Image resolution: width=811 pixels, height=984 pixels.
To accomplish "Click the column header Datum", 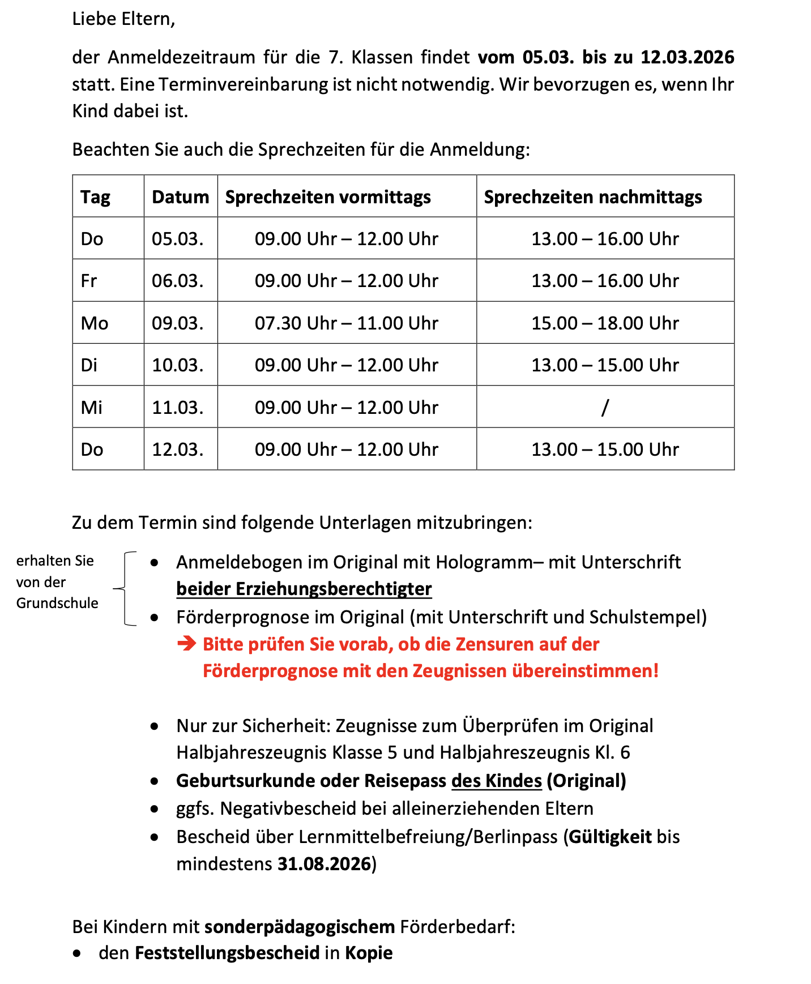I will point(180,197).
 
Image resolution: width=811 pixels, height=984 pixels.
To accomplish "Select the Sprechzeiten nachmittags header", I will point(592,197).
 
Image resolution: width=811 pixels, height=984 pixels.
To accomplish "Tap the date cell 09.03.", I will point(177,323).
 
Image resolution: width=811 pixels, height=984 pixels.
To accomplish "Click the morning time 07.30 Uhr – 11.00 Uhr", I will point(346,323).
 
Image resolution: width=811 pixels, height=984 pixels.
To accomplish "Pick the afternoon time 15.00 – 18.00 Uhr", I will point(604,323).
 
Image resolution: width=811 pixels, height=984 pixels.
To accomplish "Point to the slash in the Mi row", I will point(605,407).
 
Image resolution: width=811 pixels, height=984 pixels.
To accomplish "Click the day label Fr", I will point(89,281).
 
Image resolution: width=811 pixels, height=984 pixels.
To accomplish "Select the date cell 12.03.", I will point(177,450).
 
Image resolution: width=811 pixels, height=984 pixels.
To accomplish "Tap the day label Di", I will point(89,365).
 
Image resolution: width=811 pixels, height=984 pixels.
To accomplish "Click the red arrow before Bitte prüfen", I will point(186,644).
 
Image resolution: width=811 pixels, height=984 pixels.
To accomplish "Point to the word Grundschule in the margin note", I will point(57,603).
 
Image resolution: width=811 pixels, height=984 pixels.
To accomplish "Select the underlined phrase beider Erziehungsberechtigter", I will point(304,589).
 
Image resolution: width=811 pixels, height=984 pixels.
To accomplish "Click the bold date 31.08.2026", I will point(324,864).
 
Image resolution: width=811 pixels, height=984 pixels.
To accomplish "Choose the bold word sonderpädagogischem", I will point(300,927).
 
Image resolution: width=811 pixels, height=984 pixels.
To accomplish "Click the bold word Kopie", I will point(369,953).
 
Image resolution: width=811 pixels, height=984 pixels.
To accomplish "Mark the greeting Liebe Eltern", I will point(123,19).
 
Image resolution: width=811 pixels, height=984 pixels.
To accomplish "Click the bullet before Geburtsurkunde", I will point(155,781).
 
